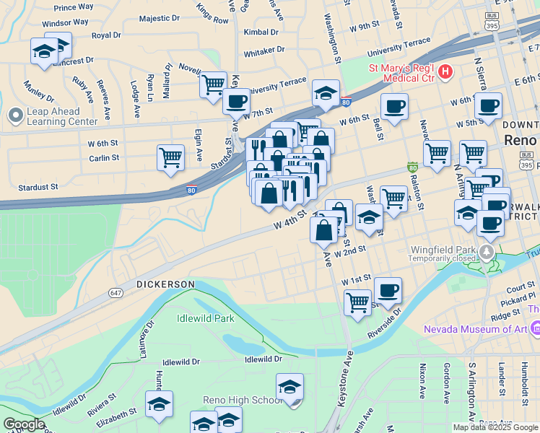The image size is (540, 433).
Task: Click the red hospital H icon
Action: (445, 71)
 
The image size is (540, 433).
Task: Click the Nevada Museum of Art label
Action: (477, 329)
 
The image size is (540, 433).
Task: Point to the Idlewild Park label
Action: (205, 318)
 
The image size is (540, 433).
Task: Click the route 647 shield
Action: (116, 292)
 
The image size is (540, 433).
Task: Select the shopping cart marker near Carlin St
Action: (170, 157)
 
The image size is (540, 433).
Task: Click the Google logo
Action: (24, 424)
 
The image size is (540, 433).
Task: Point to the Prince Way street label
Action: (74, 7)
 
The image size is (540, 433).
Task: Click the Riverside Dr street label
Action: (393, 322)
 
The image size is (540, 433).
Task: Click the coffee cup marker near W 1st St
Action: (388, 289)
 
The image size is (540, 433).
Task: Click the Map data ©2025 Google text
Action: (495, 427)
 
